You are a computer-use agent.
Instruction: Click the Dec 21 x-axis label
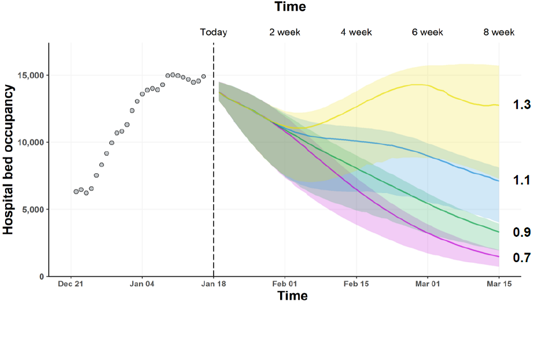pyautogui.click(x=71, y=285)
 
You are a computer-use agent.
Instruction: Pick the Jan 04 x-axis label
pyautogui.click(x=142, y=285)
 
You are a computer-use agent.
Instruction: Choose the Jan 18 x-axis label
pyautogui.click(x=214, y=285)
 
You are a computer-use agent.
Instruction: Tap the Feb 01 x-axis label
pyautogui.click(x=285, y=285)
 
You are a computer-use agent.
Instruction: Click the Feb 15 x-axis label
pyautogui.click(x=356, y=285)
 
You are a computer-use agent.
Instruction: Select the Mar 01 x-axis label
pyautogui.click(x=427, y=285)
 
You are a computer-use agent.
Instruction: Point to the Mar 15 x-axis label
pyautogui.click(x=499, y=285)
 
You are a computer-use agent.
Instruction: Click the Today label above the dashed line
pyautogui.click(x=214, y=32)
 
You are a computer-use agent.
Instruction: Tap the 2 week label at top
pyautogui.click(x=285, y=32)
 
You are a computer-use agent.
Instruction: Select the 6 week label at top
pyautogui.click(x=427, y=32)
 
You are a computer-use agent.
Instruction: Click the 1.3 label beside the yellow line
pyautogui.click(x=522, y=105)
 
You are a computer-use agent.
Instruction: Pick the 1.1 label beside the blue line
pyautogui.click(x=522, y=181)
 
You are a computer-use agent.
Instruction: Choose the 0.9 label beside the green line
pyautogui.click(x=522, y=232)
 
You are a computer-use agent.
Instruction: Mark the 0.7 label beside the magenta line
pyautogui.click(x=522, y=258)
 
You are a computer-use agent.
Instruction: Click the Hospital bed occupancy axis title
pyautogui.click(x=8, y=160)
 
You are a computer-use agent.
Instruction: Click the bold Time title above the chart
pyautogui.click(x=290, y=7)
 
